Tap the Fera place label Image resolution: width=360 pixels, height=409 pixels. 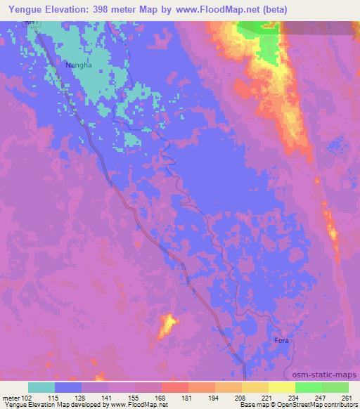[281, 341]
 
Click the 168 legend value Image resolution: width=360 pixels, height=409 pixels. [161, 397]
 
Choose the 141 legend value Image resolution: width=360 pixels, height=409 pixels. [108, 397]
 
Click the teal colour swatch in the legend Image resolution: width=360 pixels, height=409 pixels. [41, 387]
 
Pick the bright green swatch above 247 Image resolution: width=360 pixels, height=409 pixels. [309, 387]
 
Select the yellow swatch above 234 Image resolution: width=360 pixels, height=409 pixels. [282, 387]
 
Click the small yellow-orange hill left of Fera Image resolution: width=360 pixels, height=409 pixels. [167, 325]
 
